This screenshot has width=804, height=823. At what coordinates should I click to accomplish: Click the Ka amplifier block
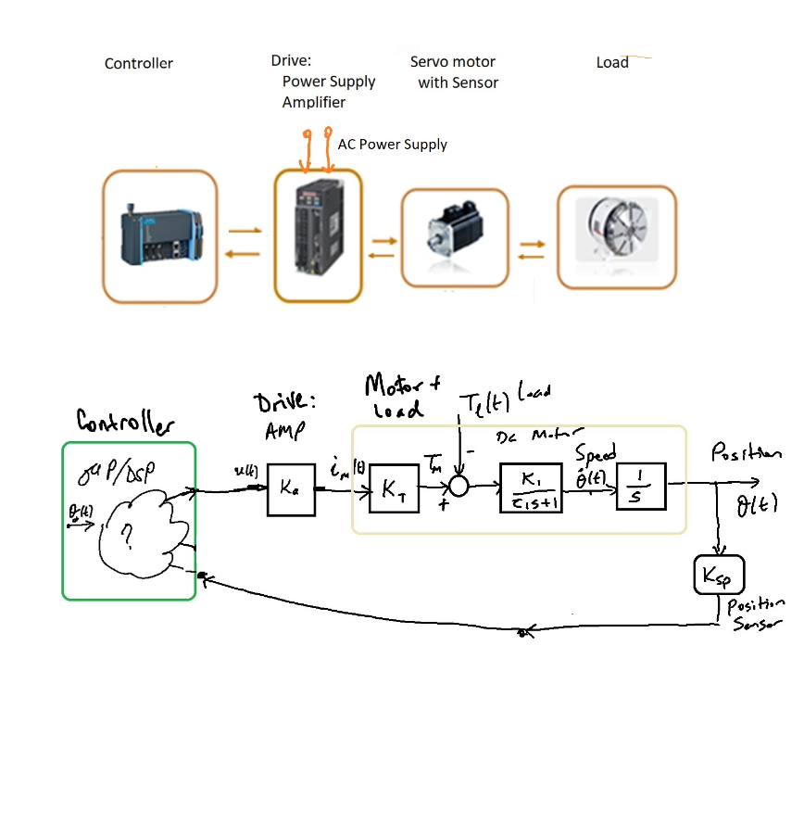pos(289,489)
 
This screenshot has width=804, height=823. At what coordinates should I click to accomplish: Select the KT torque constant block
pos(394,489)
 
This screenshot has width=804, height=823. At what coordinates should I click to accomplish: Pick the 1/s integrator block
pos(641,486)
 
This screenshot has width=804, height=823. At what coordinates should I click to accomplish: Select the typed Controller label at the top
pos(139,64)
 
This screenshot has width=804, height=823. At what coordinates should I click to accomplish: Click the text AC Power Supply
pos(392,145)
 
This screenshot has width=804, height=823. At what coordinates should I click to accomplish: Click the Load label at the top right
pos(612,63)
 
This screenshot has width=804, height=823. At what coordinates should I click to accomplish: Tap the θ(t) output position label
pos(758,507)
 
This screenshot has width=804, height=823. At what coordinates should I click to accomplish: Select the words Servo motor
pos(453,62)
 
